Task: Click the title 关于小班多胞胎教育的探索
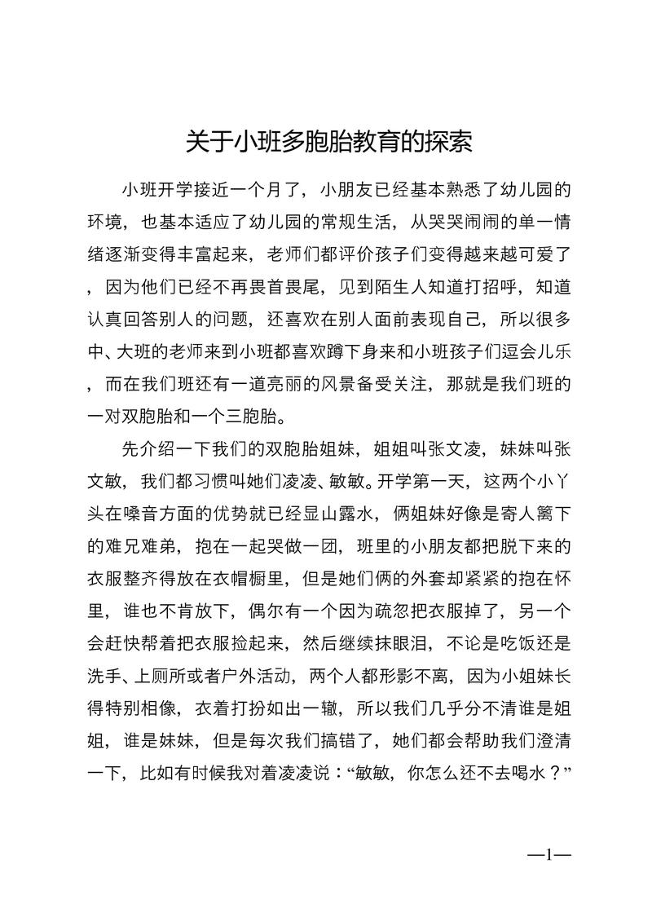tap(329, 143)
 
